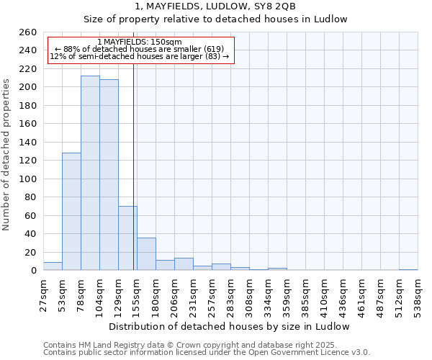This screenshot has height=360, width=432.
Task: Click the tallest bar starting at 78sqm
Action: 90,173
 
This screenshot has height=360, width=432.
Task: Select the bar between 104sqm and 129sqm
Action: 109,175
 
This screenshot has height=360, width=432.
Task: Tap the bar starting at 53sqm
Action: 71,212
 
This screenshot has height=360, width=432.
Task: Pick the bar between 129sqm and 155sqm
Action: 127,238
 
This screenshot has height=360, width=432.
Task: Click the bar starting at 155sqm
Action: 146,254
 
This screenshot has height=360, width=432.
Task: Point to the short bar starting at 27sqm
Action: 53,266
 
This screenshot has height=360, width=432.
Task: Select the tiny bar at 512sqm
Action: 408,270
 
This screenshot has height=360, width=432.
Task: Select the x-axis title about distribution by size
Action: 230,326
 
